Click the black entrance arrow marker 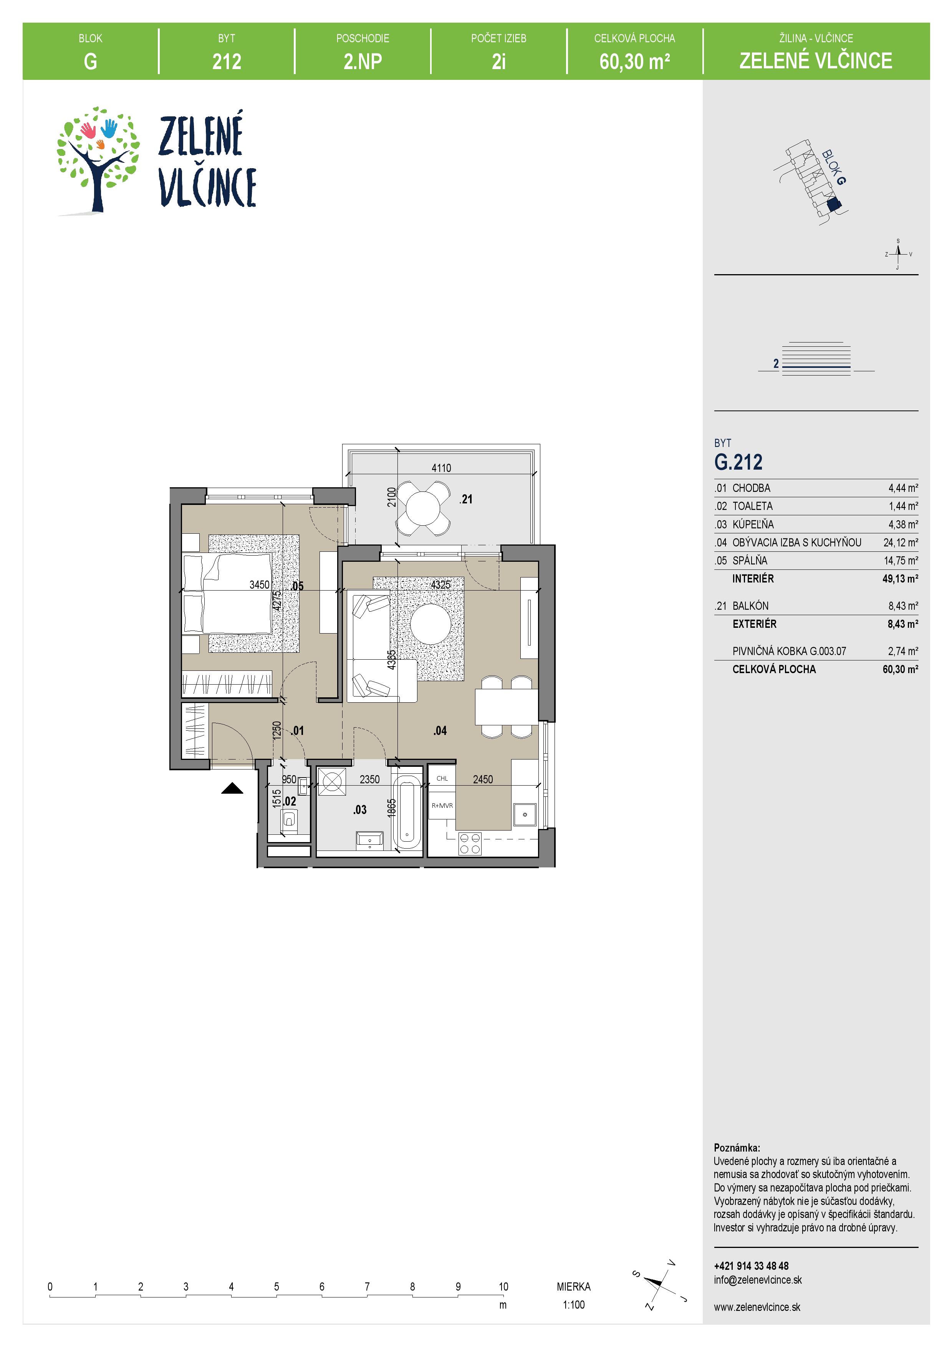tap(232, 789)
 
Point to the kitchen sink tap(525, 814)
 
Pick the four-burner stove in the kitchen tap(469, 844)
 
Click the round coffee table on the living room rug tap(430, 624)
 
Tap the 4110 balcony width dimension tap(441, 468)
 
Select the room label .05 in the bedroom tap(297, 586)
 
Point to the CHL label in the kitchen tap(442, 778)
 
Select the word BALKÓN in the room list tap(750, 606)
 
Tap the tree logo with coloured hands tap(98, 159)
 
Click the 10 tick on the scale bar tap(503, 1287)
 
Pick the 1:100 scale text tap(574, 1305)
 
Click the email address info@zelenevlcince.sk tap(758, 1279)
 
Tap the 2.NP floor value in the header tap(363, 61)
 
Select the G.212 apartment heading tap(738, 462)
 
